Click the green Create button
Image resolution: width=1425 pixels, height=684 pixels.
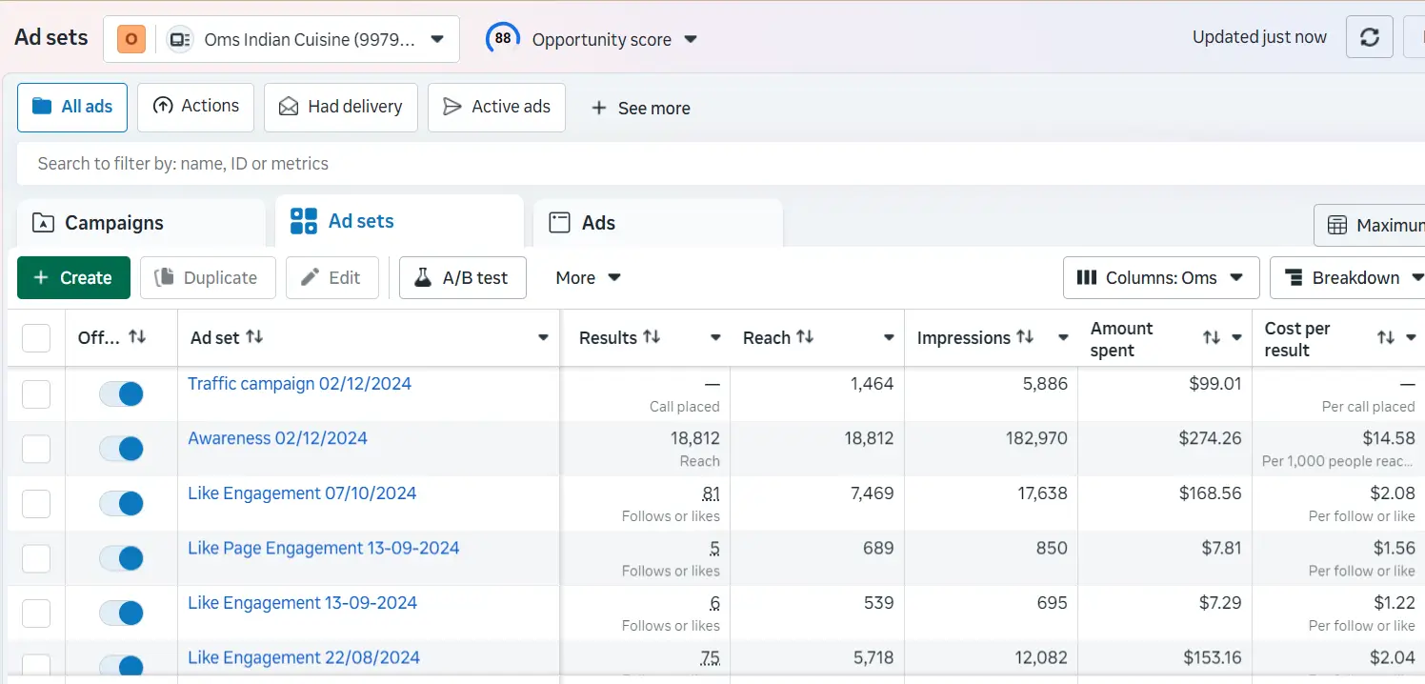pos(73,278)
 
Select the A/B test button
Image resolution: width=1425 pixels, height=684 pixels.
pos(462,278)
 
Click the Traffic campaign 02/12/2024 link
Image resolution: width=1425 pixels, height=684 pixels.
pos(299,384)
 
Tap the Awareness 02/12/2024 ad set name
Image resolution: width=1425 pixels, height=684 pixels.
pos(277,438)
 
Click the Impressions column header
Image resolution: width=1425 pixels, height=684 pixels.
pos(963,338)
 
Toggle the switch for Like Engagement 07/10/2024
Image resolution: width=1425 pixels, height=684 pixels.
pos(121,503)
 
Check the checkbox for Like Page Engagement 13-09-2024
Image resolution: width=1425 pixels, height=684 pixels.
pos(36,558)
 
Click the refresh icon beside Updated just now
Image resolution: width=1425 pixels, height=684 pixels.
pos(1369,37)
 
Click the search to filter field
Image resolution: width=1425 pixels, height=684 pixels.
pos(667,164)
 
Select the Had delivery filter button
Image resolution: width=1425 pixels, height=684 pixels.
pos(340,107)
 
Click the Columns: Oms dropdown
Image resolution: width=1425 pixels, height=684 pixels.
pos(1160,278)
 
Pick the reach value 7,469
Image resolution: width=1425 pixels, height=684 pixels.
pos(871,493)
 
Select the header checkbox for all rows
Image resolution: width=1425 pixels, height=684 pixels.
pos(36,338)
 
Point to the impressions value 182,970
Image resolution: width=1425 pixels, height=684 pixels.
pos(1035,438)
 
